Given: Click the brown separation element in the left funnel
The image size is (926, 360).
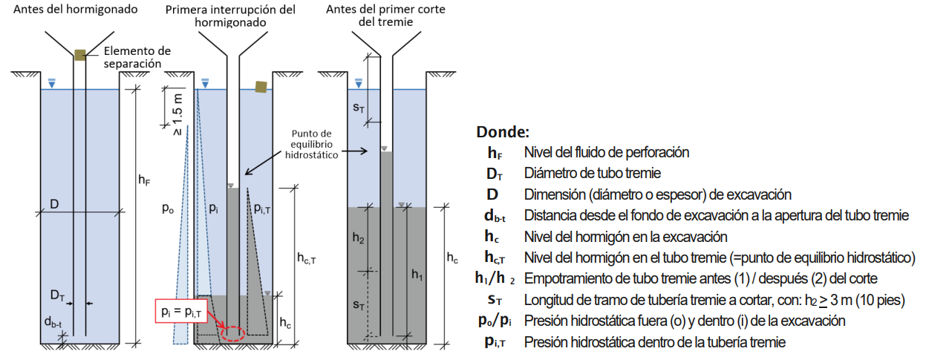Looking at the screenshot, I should point(80,53).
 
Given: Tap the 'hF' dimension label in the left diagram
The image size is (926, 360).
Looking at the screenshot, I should point(144,179).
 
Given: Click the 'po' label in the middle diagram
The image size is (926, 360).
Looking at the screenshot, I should point(168,209).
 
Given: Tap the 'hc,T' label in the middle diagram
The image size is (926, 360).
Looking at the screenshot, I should point(307,258).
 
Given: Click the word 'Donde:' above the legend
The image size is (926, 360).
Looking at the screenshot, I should point(502,133).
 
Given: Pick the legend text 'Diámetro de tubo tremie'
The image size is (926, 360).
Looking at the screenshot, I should point(592,174).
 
